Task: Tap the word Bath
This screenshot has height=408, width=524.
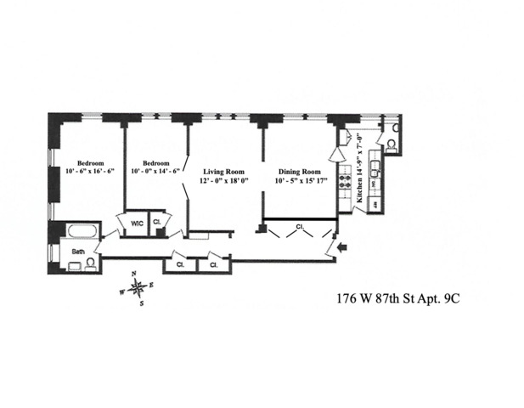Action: point(77,252)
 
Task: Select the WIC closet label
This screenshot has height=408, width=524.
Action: point(136,224)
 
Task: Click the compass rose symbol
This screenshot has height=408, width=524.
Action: point(137,286)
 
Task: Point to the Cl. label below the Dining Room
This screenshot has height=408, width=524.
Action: point(300,226)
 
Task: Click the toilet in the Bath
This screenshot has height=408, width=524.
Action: point(71,265)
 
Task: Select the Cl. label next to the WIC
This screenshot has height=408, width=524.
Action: point(158,224)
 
